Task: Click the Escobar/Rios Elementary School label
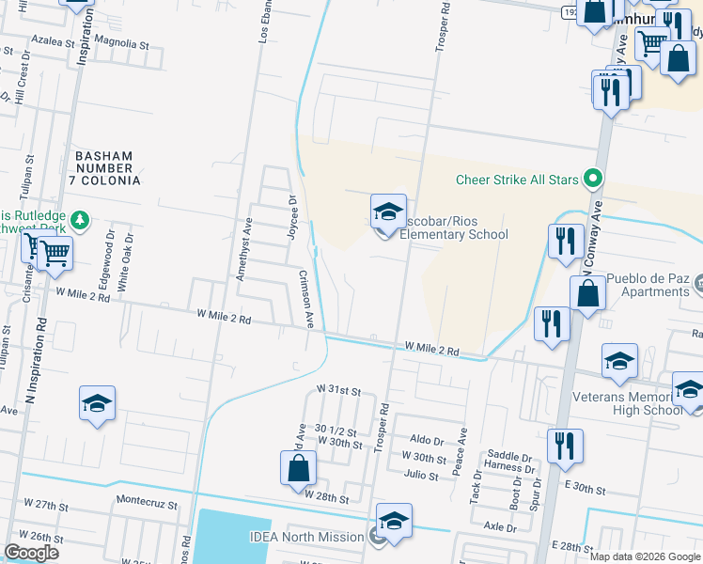453,227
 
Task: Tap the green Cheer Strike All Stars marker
592,179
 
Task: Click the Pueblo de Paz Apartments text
648,285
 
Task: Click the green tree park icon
81,220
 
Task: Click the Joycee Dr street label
292,217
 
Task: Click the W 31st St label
338,388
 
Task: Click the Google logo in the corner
31,553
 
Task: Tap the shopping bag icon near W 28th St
297,468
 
